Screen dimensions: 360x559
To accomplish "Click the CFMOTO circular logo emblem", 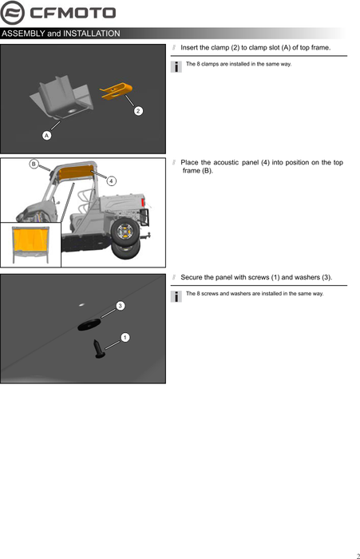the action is (x=13, y=13).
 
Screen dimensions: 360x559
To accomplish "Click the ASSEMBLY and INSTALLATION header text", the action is (x=61, y=34).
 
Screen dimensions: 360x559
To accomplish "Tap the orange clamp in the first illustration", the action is (x=117, y=90).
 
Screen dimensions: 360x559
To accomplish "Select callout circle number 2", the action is (x=138, y=111).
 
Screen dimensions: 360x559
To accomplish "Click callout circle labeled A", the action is (x=46, y=136).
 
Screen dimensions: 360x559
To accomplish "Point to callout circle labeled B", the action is (x=34, y=164).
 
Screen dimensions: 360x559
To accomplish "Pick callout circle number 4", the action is (x=112, y=181).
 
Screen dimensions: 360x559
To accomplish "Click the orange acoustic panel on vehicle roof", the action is (x=76, y=172).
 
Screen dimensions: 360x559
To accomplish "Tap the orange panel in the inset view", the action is (x=30, y=240).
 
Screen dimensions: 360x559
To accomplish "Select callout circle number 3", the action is (x=121, y=306).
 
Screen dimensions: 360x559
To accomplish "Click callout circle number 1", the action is (x=125, y=337).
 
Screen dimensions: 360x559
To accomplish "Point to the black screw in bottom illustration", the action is (x=98, y=349).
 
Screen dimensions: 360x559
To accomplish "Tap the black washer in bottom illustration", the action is (x=89, y=324).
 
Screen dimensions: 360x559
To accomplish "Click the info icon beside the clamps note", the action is (x=176, y=66).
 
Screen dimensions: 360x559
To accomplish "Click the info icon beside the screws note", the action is (x=176, y=296).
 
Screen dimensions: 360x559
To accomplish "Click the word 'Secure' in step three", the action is (x=192, y=277).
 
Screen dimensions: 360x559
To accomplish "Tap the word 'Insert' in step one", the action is (x=190, y=48).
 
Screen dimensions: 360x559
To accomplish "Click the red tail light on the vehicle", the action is (x=144, y=202).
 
